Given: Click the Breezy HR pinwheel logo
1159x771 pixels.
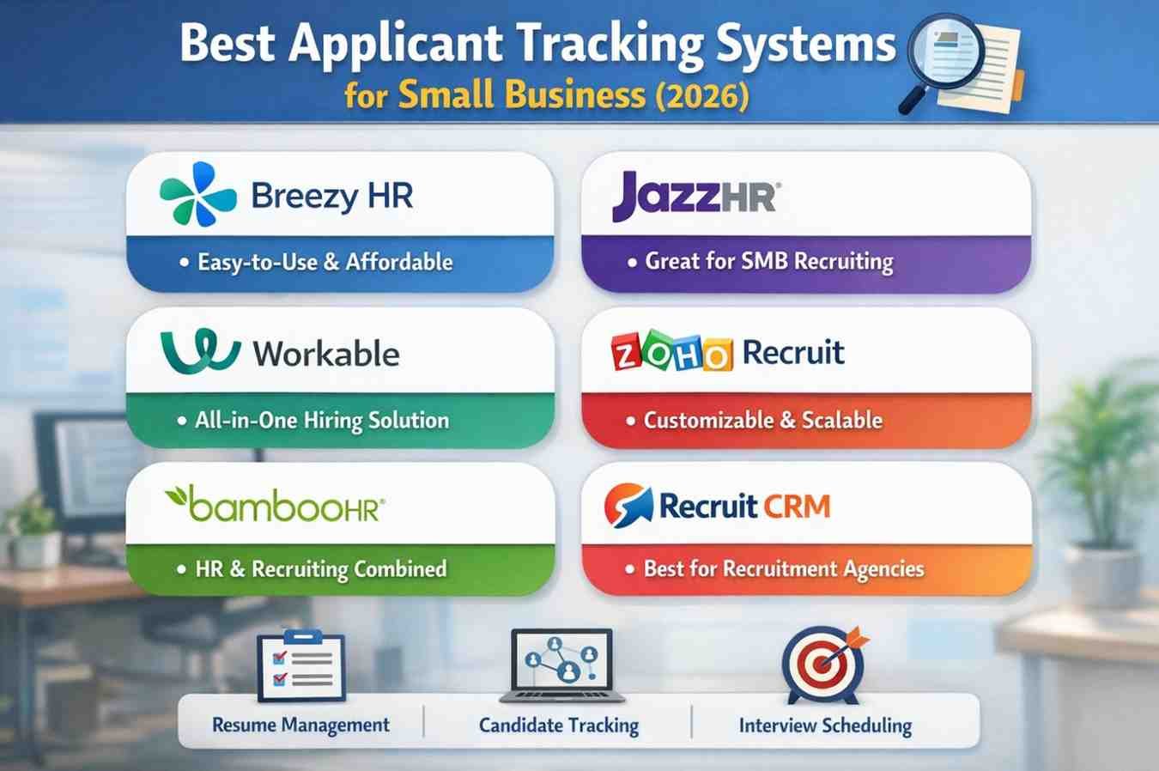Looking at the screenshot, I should (x=198, y=194).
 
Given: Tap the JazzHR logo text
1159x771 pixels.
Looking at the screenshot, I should (x=694, y=197).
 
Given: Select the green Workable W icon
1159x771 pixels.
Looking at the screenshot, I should (x=200, y=349).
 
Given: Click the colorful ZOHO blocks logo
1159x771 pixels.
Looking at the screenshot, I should (x=671, y=352).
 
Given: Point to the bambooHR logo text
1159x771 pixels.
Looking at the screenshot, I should (x=275, y=504).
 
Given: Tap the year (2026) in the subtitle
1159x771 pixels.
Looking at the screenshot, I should (x=701, y=94).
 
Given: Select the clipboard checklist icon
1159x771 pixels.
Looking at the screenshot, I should (x=300, y=666).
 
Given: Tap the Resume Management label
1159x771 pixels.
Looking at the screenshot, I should (x=300, y=725).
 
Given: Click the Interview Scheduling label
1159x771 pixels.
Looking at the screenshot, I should (x=825, y=726).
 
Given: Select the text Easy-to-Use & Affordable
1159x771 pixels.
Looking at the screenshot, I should (x=325, y=262).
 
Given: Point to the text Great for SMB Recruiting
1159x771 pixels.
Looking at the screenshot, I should (x=768, y=261).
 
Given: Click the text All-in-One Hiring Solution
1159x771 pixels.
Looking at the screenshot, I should (x=321, y=420).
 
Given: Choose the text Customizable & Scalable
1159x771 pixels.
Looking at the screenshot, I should (x=762, y=420).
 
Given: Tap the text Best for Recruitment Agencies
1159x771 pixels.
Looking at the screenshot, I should (x=783, y=568).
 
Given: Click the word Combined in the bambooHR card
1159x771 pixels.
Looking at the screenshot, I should (x=400, y=568).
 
